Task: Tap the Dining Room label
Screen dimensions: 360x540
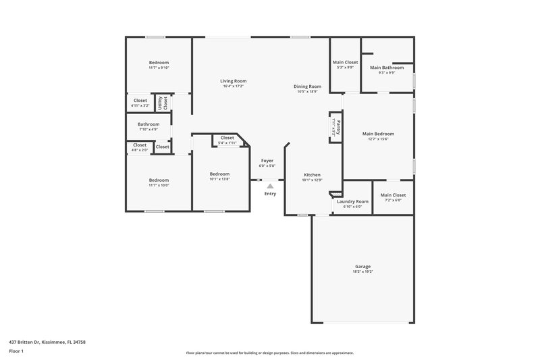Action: (x=306, y=86)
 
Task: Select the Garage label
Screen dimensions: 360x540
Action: (x=362, y=266)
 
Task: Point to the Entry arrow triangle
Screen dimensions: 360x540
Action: (x=270, y=186)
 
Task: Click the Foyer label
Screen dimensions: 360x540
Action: (x=267, y=161)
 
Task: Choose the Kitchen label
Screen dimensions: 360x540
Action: (x=311, y=175)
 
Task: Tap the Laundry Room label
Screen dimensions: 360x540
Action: (x=352, y=201)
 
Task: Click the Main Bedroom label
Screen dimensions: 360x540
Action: (x=378, y=134)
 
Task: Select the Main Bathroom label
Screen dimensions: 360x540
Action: (x=387, y=68)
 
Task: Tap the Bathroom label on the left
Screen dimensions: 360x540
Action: (x=148, y=124)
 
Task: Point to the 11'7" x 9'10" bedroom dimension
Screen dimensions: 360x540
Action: (x=159, y=68)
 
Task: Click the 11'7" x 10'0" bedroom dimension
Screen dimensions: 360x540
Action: (x=159, y=185)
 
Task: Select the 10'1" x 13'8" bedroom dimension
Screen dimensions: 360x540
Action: (x=219, y=179)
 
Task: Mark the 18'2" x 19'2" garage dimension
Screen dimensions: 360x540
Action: (x=362, y=272)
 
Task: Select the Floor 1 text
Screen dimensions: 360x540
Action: (x=17, y=351)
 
